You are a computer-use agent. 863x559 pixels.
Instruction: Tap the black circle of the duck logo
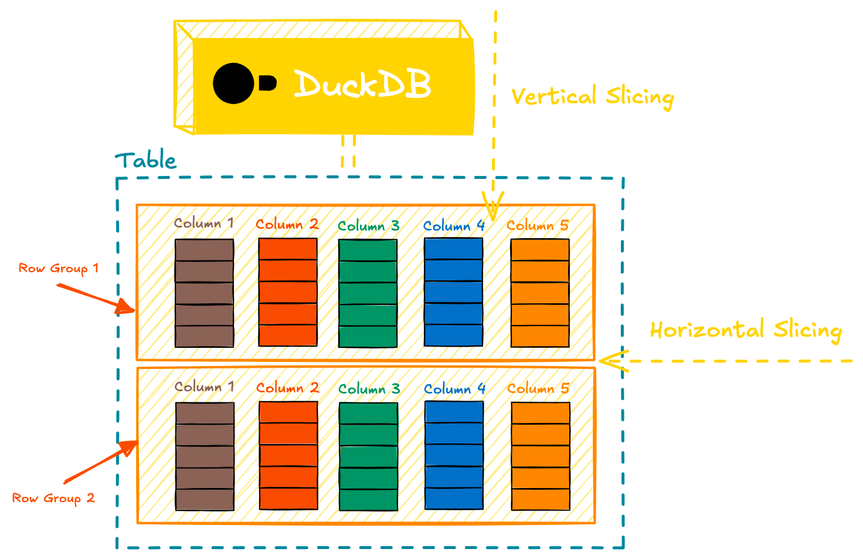(233, 83)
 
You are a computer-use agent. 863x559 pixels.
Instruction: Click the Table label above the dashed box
(145, 160)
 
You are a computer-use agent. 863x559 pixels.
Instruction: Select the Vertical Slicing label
(592, 97)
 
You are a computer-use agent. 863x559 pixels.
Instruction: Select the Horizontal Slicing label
(746, 330)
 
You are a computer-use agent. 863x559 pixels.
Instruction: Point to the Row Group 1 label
(59, 269)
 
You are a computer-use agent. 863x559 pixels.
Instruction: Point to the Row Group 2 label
(53, 499)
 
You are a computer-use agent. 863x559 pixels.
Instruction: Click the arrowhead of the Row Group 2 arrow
(130, 447)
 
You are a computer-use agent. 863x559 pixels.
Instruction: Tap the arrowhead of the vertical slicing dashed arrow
(492, 209)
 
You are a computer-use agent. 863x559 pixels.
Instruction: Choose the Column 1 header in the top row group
(204, 223)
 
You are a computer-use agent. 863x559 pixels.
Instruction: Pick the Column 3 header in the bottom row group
(369, 389)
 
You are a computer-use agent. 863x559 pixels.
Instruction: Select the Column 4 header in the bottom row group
(454, 389)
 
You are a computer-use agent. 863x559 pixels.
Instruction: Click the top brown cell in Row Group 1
(204, 250)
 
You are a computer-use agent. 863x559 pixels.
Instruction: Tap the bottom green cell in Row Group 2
(368, 499)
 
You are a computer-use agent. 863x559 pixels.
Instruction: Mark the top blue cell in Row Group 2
(454, 412)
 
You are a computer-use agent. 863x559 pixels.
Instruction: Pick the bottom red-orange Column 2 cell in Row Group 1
(288, 336)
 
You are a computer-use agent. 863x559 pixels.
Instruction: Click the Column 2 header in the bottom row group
(287, 388)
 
